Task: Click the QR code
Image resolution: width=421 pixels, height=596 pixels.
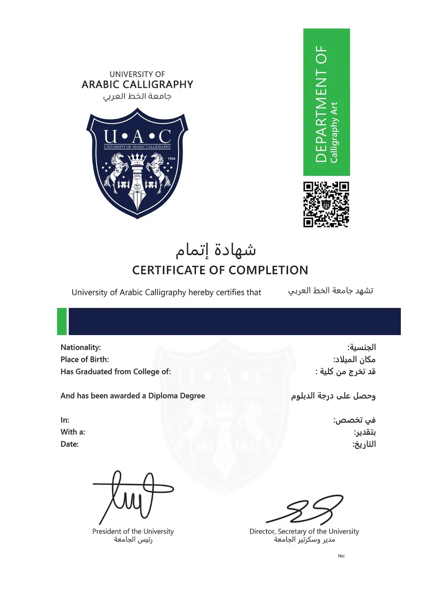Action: (x=326, y=205)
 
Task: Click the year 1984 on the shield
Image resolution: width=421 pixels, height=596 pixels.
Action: (x=172, y=159)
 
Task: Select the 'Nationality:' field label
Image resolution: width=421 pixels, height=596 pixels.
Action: (x=81, y=347)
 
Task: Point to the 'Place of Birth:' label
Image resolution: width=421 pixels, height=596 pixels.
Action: (x=84, y=360)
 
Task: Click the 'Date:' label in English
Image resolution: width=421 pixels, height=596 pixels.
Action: (x=70, y=444)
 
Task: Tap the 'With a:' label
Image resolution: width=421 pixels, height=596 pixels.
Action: (x=73, y=432)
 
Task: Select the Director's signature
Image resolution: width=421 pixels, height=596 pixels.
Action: (x=306, y=510)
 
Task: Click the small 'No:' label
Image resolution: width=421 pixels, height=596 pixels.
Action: (x=341, y=556)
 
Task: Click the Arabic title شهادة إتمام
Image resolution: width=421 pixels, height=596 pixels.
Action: (x=216, y=250)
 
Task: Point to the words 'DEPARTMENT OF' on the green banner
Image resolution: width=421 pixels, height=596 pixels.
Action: (x=321, y=104)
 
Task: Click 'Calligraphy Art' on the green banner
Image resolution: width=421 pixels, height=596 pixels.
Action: (x=334, y=132)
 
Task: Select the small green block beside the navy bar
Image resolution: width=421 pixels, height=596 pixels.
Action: (x=62, y=321)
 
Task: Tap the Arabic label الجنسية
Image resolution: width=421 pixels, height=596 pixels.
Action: (x=362, y=347)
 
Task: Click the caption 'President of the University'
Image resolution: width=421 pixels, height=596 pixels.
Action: (x=133, y=531)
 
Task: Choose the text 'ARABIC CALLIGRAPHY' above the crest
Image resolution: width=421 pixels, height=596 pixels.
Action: (x=137, y=85)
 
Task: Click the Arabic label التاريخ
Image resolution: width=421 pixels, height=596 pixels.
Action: (x=365, y=444)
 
